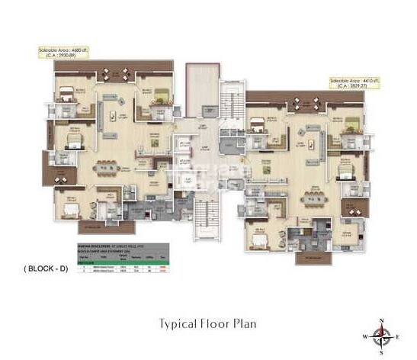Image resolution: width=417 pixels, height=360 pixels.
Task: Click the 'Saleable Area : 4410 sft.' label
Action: pos(355,79)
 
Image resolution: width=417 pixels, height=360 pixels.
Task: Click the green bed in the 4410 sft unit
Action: pos(351,124)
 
